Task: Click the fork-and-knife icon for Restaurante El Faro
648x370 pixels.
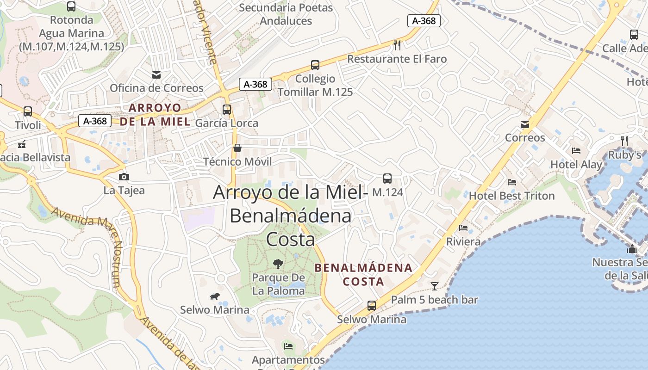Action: [397, 45]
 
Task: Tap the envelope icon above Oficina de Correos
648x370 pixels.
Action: [156, 74]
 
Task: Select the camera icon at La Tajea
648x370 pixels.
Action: [124, 177]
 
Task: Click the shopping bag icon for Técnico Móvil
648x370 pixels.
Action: [237, 148]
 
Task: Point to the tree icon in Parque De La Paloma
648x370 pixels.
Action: [278, 264]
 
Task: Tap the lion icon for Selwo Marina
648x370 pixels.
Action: [214, 296]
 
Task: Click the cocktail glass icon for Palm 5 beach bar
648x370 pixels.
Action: [434, 286]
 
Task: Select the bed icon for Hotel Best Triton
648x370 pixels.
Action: [511, 182]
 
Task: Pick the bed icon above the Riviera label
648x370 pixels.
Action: [463, 228]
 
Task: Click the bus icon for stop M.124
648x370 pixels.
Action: [387, 179]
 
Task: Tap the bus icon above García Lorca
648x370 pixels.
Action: [226, 110]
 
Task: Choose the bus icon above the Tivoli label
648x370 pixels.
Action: [28, 111]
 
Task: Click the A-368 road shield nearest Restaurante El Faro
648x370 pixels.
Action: [424, 20]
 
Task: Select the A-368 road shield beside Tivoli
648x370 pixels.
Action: [95, 121]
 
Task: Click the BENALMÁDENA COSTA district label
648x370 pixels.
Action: [363, 274]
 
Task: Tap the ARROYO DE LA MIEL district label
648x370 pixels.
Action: [155, 115]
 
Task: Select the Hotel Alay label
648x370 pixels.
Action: [576, 165]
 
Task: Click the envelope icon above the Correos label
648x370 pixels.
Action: [525, 124]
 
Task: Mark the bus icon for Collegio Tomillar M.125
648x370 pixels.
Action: [315, 65]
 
